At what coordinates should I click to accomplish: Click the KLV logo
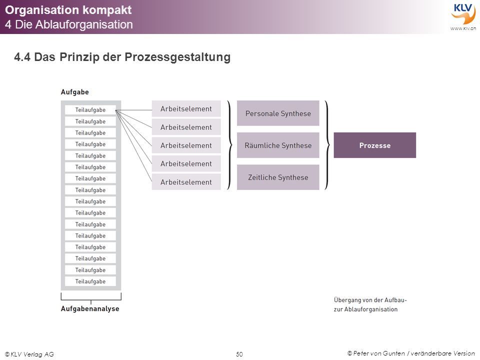pos(463,13)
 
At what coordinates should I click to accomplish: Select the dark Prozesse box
pos(374,145)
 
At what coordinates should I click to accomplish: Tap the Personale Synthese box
pos(278,113)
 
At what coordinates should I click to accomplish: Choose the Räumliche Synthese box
pos(278,145)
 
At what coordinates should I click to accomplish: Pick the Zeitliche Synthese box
pos(278,177)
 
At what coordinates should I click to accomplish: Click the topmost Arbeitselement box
pos(186,108)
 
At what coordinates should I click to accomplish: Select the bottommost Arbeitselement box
pos(186,182)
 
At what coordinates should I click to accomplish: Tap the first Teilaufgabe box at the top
pos(90,110)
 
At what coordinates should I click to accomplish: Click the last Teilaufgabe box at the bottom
pos(90,281)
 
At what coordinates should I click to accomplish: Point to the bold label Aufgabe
pos(74,92)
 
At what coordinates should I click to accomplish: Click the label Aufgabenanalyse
pos(90,308)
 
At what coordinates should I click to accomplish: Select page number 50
pos(239,354)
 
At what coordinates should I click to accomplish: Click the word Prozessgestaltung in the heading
pos(177,57)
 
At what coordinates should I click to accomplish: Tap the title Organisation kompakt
pos(68,10)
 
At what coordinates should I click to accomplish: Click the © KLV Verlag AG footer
pos(29,354)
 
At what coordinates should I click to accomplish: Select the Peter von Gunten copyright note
pos(411,353)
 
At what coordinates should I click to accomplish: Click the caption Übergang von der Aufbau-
pos(370,300)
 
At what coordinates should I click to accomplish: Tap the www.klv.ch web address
pos(463,28)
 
